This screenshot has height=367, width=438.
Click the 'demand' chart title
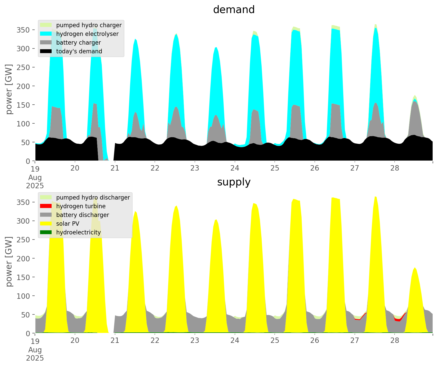234,10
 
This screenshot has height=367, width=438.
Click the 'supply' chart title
234,182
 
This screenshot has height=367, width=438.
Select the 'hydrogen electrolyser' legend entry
87,34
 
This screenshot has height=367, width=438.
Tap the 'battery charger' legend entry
78,43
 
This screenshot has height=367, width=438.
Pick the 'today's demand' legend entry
79,51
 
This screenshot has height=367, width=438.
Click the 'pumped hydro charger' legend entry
89,25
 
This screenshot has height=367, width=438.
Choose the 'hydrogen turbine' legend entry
81,206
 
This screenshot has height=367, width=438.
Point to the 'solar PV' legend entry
68,224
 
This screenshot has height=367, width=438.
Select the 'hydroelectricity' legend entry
78,232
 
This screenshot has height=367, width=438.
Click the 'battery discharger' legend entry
82,215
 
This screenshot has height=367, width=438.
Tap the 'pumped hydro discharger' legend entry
93,197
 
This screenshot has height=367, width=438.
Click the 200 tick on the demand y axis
23,86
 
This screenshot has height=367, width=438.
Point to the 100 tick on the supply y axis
23,296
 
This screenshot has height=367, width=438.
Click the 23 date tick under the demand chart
195,168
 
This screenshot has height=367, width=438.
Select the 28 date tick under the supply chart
395,341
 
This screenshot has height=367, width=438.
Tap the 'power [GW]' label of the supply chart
9,262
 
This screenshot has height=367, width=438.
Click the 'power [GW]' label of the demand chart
9,89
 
